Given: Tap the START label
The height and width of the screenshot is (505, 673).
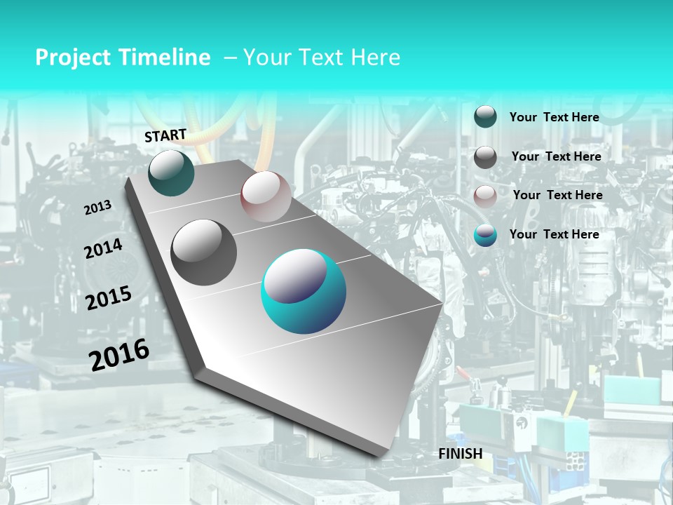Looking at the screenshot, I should (165, 135).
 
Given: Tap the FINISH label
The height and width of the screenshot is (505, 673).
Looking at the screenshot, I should (461, 454).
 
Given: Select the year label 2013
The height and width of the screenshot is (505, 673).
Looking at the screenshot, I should (98, 207).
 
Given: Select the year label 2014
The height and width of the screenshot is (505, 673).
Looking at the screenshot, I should (104, 248).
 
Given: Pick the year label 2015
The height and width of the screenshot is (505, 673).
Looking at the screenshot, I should (109, 298).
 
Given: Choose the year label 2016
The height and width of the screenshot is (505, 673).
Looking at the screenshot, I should (119, 354).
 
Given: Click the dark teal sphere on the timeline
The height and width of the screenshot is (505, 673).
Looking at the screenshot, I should (171, 173).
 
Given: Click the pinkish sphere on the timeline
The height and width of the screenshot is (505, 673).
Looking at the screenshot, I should (266, 196).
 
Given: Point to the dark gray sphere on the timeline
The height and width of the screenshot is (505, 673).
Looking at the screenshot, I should (204, 252).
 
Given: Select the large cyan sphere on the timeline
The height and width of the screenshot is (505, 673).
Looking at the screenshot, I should (304, 291).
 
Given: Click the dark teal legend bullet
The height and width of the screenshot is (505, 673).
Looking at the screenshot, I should (485, 116).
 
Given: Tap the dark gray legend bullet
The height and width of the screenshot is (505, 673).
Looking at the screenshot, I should (485, 157).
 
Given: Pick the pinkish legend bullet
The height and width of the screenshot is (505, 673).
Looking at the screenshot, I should (485, 196).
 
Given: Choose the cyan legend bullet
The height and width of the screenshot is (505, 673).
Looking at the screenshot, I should (485, 235).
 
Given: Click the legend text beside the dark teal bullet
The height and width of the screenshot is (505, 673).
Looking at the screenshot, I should (555, 117).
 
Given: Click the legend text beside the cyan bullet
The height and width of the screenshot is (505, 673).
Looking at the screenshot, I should (555, 234).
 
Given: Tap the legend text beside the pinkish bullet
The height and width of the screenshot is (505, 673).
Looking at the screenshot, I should (557, 195).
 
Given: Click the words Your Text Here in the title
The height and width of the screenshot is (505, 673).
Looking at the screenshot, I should (322, 58).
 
